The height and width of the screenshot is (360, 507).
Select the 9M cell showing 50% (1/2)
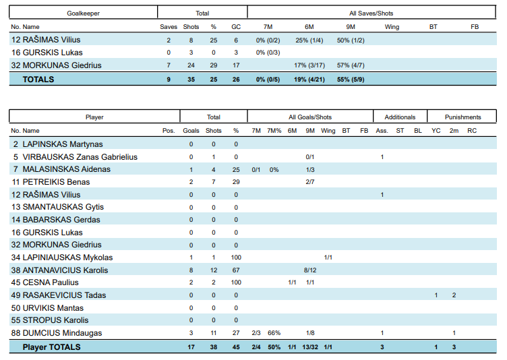pos(351,40)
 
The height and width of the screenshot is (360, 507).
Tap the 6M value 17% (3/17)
pos(309,65)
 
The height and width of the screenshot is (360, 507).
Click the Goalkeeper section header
pos(84,13)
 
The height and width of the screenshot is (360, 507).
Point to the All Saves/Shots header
pos(371,13)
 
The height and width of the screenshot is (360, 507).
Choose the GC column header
pos(236,27)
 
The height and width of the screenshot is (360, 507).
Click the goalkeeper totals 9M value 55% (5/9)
pos(351,79)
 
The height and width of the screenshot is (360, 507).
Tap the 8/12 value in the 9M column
pos(310,270)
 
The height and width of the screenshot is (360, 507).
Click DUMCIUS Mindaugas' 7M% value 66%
pos(274,333)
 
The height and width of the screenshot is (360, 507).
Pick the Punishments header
pos(463,117)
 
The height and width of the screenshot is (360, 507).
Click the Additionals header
pos(400,117)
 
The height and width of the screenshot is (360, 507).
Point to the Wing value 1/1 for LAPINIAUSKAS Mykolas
pos(328,258)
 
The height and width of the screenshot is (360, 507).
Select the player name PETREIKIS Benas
pos(56,182)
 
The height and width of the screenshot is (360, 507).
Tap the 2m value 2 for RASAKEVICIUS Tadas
pos(454,295)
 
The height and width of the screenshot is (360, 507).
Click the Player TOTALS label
pos(51,347)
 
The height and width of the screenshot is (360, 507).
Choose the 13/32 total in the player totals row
pos(309,347)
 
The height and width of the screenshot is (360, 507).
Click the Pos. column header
pos(169,131)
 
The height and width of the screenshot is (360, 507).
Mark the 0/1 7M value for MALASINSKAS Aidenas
pos(256,169)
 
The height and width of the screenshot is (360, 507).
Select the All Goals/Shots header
pos(310,117)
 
